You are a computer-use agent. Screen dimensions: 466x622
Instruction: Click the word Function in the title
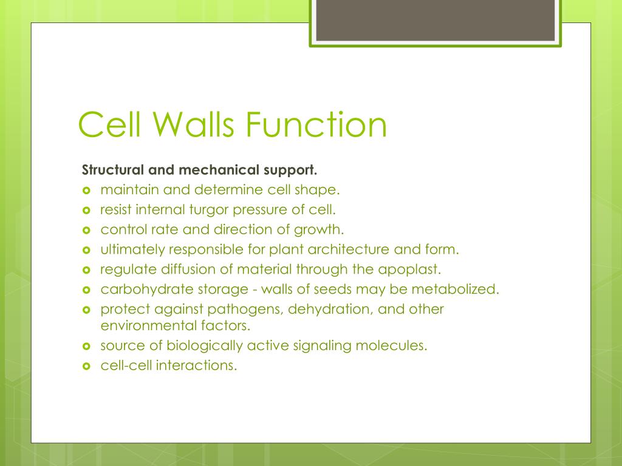click(316, 124)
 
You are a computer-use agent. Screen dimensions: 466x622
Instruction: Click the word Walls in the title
click(188, 124)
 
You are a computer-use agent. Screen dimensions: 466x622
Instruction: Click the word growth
click(318, 230)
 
